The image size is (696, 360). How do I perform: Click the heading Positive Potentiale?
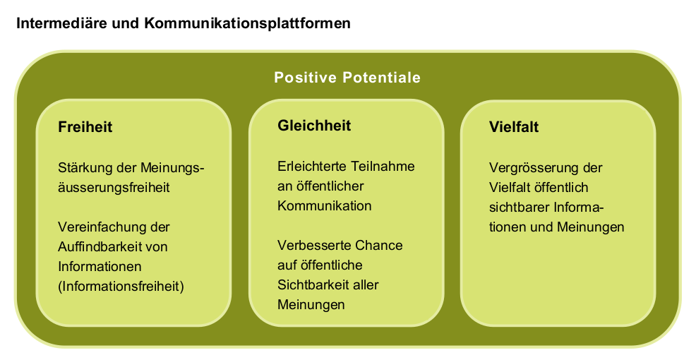click(347, 78)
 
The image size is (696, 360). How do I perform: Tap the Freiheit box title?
click(85, 127)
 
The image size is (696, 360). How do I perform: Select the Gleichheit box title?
click(314, 126)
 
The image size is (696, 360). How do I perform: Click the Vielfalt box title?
click(514, 127)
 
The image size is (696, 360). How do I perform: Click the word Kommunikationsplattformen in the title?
click(247, 23)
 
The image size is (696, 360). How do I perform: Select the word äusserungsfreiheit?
click(114, 187)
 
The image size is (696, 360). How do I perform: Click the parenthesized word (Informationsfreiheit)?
click(121, 287)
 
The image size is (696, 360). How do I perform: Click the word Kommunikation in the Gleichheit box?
click(325, 206)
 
